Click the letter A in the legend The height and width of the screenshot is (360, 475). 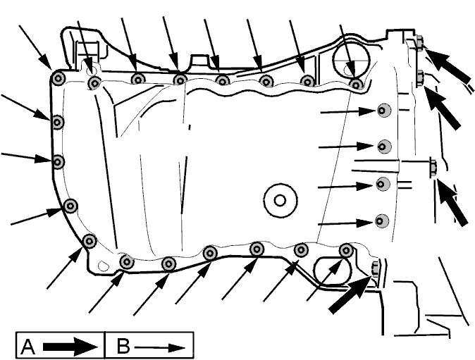point(27,347)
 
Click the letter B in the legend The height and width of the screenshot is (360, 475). point(123,346)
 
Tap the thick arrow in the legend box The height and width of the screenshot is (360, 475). point(70,347)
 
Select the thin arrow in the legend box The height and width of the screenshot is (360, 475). point(160,347)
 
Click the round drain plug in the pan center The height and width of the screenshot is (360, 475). point(280,200)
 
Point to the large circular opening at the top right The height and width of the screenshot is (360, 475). point(352,59)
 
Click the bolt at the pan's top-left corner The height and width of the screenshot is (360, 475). point(58,79)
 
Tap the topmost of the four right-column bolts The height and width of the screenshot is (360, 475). point(384,110)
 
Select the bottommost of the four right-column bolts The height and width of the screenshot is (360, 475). point(382,221)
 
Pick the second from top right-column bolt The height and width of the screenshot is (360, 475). point(384,147)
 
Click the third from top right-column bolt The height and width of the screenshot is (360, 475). point(383,184)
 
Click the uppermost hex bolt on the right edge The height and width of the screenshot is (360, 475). point(419,42)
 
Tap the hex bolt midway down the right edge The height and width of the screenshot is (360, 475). point(433,167)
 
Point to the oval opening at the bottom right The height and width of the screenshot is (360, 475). point(333,271)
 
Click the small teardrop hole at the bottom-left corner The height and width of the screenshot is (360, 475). point(104,265)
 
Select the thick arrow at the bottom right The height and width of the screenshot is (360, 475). point(350,293)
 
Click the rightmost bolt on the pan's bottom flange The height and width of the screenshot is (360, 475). point(346,250)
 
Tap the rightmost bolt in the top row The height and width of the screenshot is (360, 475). point(356,85)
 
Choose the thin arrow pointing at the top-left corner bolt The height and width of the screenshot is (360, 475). point(35,47)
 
